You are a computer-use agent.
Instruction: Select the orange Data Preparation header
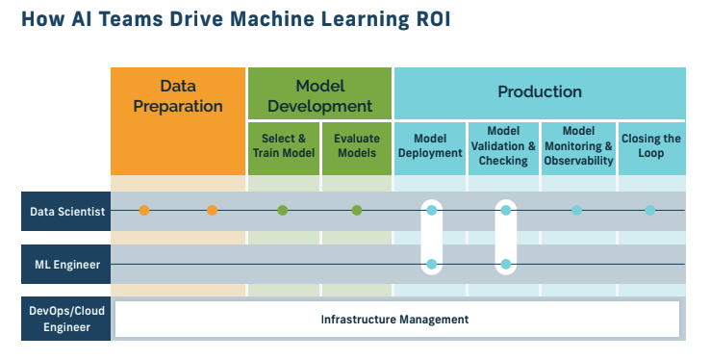[178, 95]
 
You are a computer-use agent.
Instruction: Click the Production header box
[539, 92]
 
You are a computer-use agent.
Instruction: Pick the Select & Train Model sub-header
[284, 146]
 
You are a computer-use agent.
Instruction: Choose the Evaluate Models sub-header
[357, 146]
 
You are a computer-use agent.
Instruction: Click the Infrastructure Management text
[394, 319]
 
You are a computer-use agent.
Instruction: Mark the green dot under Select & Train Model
[283, 210]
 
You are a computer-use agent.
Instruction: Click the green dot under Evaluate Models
[357, 210]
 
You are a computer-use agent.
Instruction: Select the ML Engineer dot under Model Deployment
[431, 264]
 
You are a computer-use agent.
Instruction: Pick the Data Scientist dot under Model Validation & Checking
[504, 210]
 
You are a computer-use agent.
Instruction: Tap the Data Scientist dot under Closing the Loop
[650, 210]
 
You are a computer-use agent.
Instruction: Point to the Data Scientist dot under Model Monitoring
[577, 210]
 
